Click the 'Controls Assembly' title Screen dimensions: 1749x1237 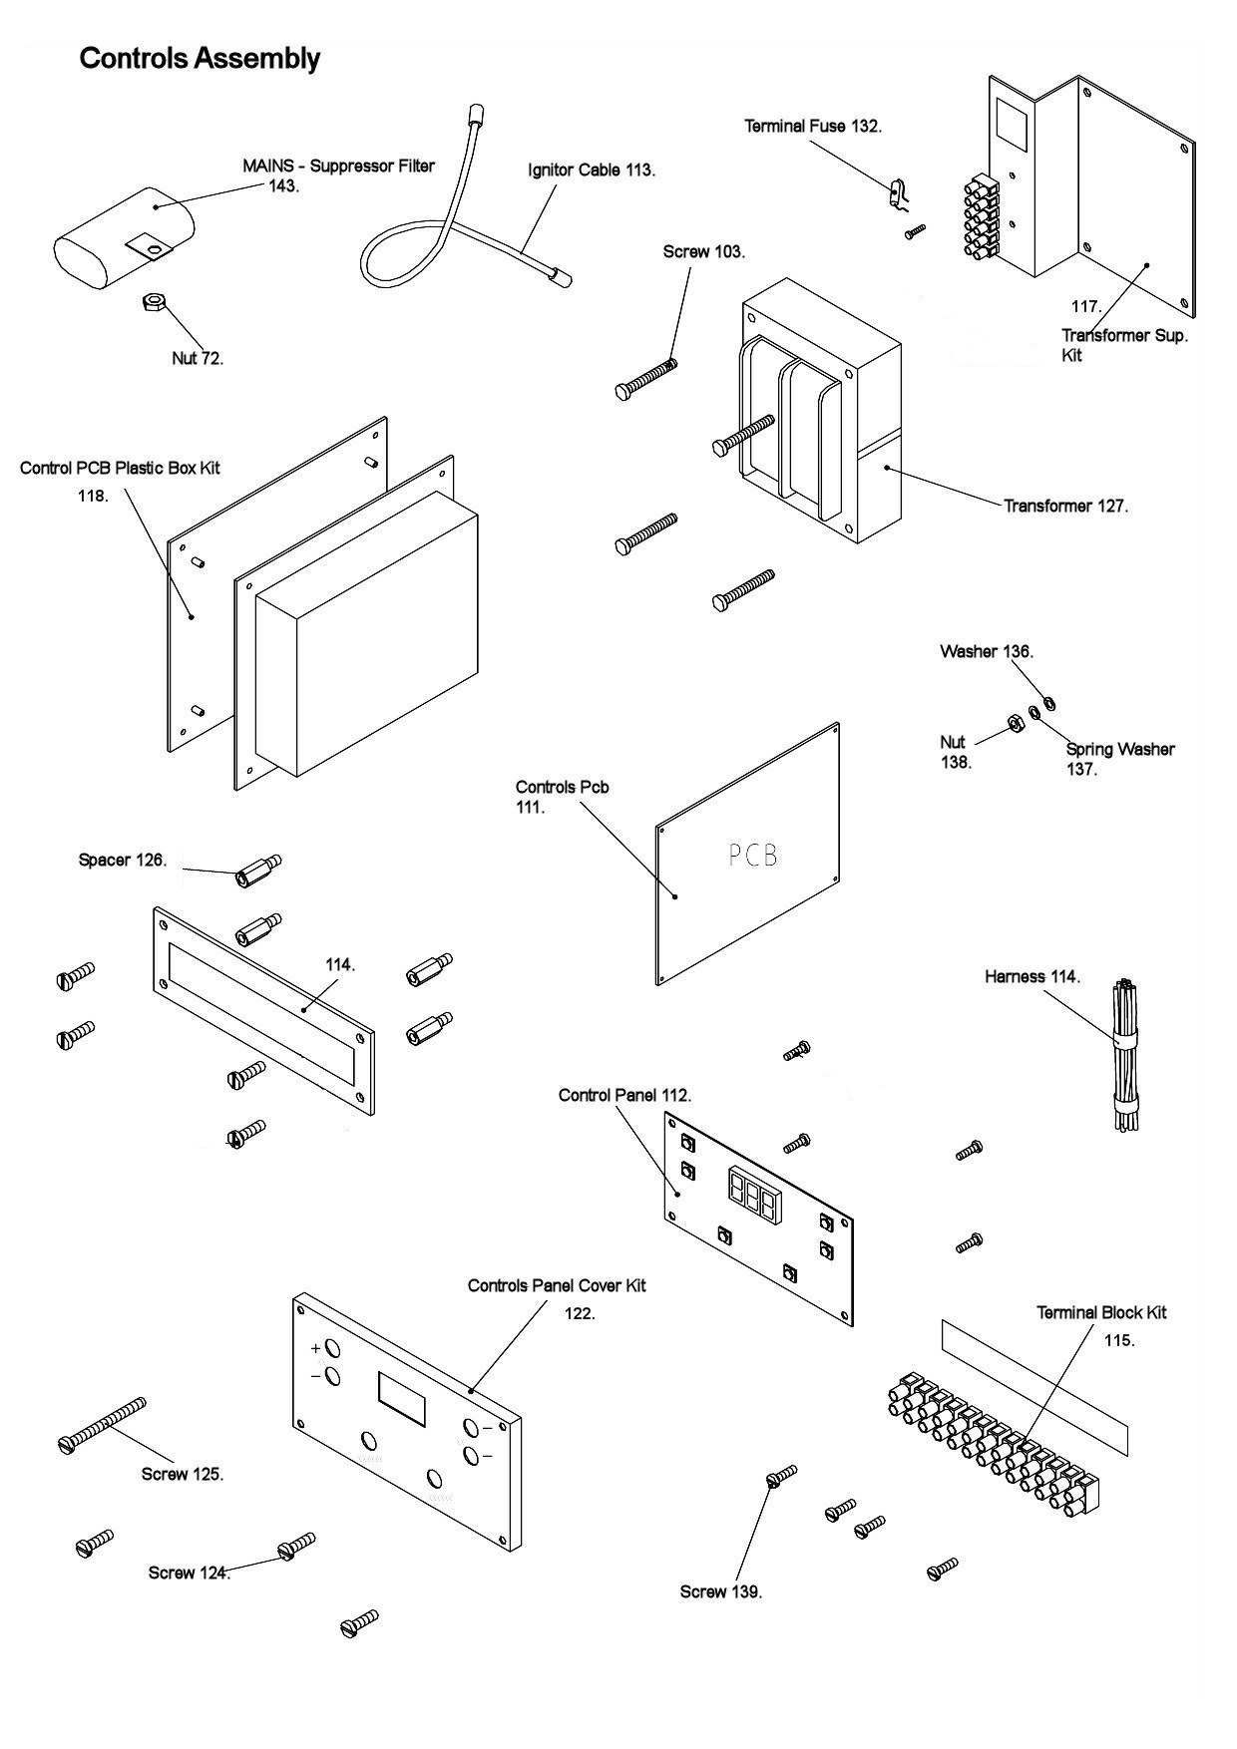point(200,59)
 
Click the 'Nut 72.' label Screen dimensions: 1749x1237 point(198,358)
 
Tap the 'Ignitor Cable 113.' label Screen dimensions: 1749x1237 point(592,170)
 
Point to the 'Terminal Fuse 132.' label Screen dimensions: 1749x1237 point(813,126)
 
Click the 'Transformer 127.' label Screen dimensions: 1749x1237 point(1065,506)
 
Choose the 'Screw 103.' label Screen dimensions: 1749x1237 point(704,251)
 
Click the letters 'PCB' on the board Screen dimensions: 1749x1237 point(752,855)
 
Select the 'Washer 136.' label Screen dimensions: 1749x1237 point(987,651)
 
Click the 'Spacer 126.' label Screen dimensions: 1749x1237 point(123,860)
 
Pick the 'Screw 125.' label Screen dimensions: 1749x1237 point(183,1474)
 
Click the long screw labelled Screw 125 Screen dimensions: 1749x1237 point(102,1425)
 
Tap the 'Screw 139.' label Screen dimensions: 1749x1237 point(721,1591)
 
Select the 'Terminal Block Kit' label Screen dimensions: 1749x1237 point(1101,1312)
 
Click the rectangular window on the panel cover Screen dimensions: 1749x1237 point(402,1398)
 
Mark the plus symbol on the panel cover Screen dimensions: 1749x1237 point(316,1348)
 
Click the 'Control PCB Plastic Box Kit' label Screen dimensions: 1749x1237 point(120,468)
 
